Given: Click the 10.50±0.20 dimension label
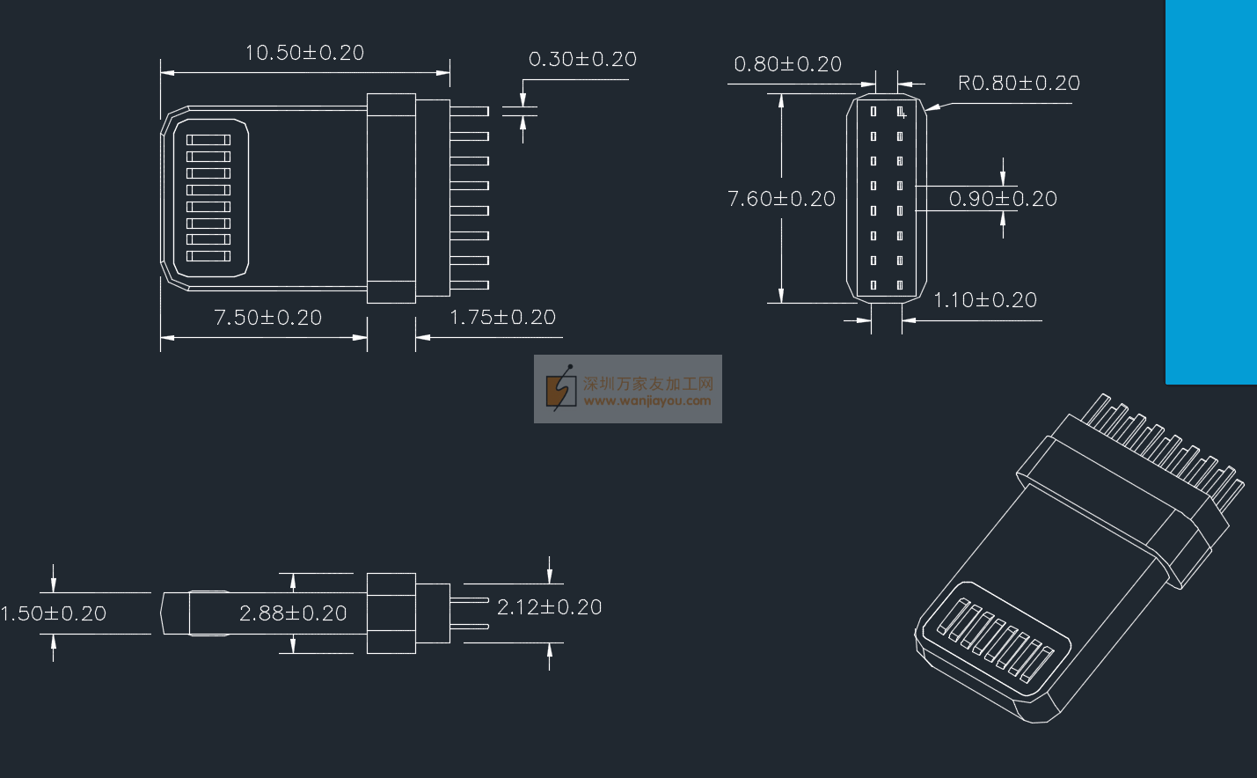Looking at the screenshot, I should [304, 53].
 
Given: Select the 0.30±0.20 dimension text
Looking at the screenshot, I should [582, 59].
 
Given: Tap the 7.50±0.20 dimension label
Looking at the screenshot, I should [268, 318].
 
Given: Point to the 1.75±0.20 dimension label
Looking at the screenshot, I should [503, 318].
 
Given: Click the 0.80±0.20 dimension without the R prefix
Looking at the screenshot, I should [788, 64].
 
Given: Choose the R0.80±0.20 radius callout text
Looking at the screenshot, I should [1019, 84].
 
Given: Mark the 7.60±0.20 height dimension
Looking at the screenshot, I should [781, 199].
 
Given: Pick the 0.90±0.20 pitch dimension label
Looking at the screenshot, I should [1003, 199].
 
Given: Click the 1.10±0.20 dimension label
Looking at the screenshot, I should [985, 300].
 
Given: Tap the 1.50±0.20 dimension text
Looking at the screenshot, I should [54, 613].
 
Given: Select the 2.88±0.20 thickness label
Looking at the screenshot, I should [293, 613].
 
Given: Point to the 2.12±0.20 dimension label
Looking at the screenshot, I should [550, 607].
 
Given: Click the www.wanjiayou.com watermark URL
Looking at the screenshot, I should [647, 401].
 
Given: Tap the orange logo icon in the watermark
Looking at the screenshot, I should [559, 387].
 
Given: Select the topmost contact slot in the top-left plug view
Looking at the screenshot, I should [208, 140].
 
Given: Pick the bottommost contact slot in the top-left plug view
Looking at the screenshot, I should [208, 256].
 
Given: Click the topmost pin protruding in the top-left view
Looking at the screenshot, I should [469, 111].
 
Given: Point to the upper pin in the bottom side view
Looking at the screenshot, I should [469, 600].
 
